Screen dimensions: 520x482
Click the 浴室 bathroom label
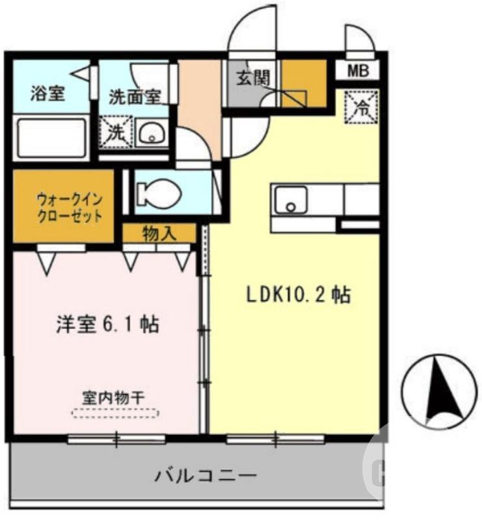47,93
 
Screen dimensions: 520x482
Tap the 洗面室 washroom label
134,97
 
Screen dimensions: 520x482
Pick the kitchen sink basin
291,199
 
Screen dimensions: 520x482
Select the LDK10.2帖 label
298,295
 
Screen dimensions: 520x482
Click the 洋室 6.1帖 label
107,324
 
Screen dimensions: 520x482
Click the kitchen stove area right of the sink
360,199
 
